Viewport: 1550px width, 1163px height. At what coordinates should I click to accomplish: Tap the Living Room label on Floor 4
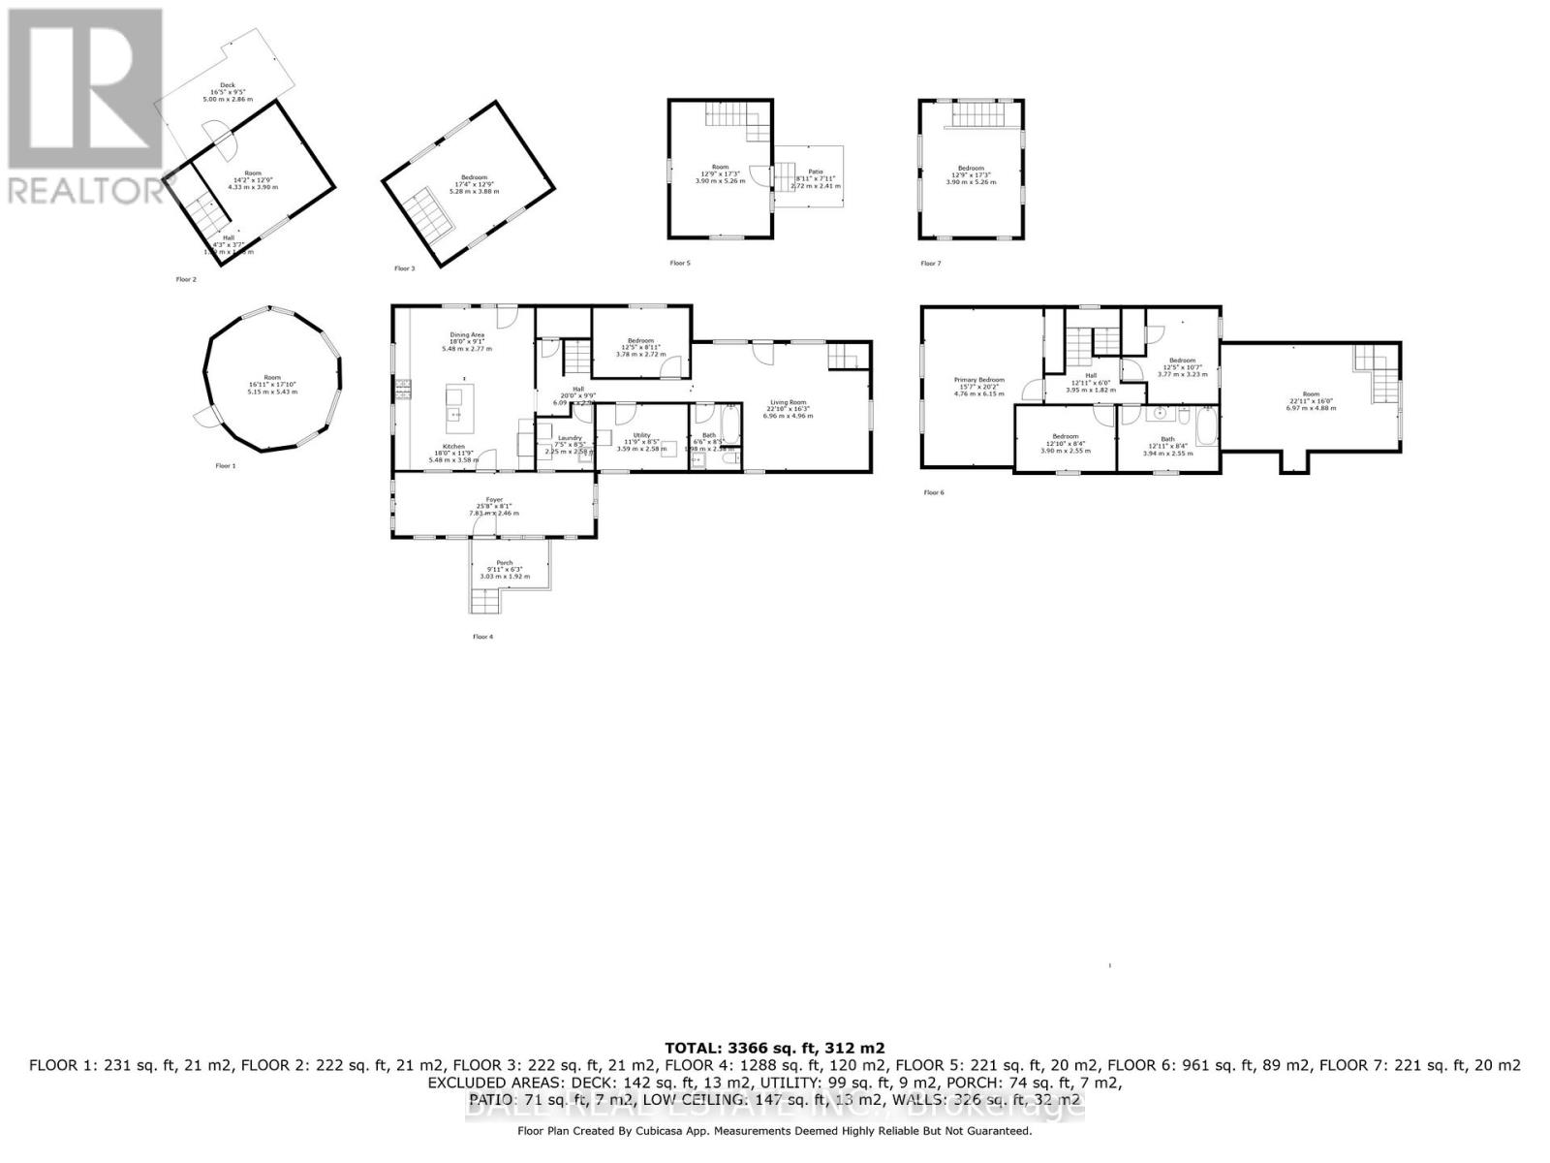point(788,408)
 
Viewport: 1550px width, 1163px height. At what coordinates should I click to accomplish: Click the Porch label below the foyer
point(505,569)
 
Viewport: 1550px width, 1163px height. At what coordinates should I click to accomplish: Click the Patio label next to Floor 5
point(815,177)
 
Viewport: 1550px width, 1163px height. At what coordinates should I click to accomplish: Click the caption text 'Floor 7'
point(930,264)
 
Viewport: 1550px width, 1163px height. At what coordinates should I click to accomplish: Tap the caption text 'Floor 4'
point(482,637)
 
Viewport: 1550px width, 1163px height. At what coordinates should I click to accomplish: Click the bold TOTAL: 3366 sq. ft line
point(774,1048)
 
